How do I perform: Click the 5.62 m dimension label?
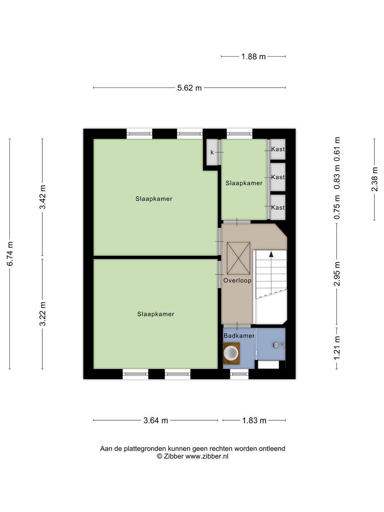click(189, 88)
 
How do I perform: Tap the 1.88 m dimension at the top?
click(254, 57)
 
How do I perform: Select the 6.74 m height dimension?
click(10, 254)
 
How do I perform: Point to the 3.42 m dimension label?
click(43, 197)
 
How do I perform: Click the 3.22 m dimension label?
click(43, 314)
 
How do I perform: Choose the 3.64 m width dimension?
click(155, 420)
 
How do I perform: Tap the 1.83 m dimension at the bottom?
click(254, 420)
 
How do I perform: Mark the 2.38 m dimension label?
click(375, 179)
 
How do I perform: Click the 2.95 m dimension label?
click(337, 274)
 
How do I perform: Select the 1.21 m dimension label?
click(337, 348)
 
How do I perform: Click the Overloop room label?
click(237, 281)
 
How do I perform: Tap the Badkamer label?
click(239, 336)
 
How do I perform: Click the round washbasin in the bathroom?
click(231, 353)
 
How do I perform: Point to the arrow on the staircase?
click(271, 254)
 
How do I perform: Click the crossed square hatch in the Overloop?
click(238, 258)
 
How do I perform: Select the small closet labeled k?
click(212, 152)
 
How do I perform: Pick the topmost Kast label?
click(278, 149)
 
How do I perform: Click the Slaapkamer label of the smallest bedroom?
click(244, 183)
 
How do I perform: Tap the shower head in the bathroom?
click(278, 345)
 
